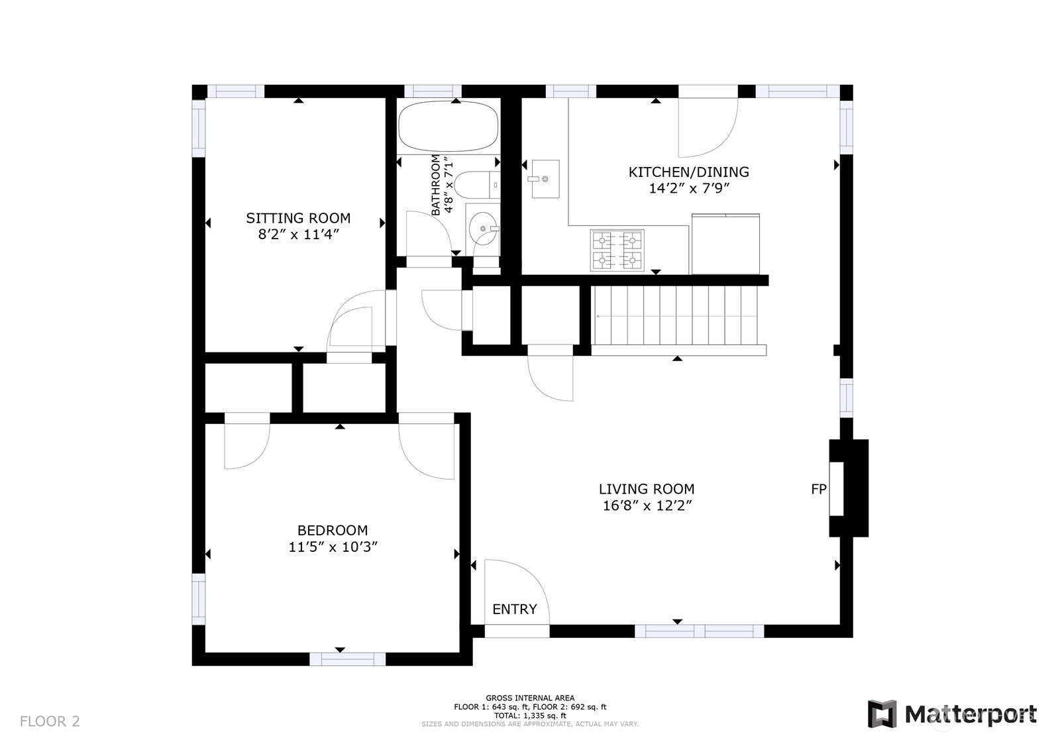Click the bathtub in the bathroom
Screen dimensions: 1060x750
click(x=448, y=127)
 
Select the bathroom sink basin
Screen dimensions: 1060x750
click(x=483, y=229)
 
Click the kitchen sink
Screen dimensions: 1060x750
click(x=545, y=179)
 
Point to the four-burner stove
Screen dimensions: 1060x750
click(x=617, y=250)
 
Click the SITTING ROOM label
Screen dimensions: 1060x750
click(x=298, y=218)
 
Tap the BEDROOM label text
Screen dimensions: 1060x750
click(x=332, y=530)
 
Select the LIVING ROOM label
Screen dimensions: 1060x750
click(x=647, y=489)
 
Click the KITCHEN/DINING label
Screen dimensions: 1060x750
click(x=688, y=172)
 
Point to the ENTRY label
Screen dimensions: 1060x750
click(x=514, y=609)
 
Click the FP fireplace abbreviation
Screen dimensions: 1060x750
click(x=819, y=489)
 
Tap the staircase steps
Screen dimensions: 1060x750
click(x=676, y=315)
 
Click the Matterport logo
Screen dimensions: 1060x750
click(x=951, y=714)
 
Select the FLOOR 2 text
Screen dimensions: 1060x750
click(x=50, y=722)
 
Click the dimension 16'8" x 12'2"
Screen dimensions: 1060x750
click(x=647, y=506)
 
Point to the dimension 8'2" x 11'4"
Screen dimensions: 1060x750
click(x=299, y=235)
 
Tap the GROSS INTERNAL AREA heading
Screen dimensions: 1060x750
click(x=530, y=698)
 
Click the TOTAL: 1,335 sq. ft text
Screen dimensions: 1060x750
click(x=530, y=716)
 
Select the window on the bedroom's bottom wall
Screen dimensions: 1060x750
click(x=348, y=659)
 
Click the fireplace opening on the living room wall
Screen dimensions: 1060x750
click(x=836, y=489)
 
